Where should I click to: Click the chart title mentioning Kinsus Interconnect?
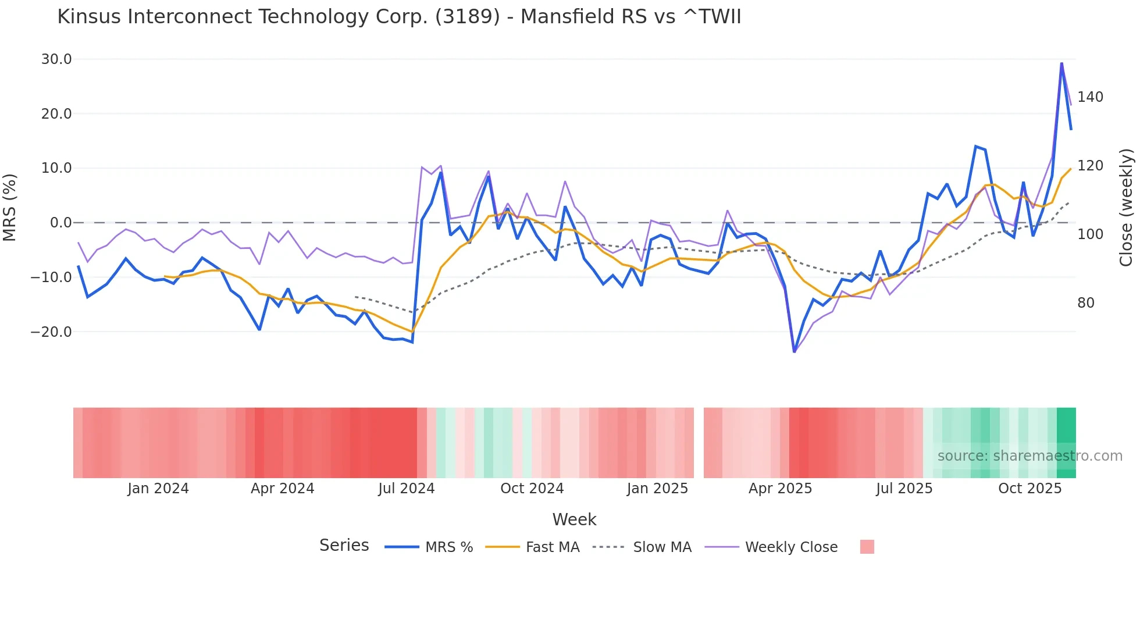(x=399, y=17)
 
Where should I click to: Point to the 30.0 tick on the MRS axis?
(x=56, y=59)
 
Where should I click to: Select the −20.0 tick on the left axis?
(x=52, y=332)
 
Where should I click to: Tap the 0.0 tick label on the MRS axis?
(x=60, y=223)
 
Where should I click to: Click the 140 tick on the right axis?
(x=1090, y=97)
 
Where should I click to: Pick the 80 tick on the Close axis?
(x=1085, y=303)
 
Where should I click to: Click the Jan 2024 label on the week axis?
(x=158, y=489)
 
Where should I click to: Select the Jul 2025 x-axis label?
(x=904, y=489)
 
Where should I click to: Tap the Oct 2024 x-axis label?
(x=532, y=489)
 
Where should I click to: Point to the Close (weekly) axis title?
(x=1126, y=208)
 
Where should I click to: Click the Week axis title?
(x=574, y=519)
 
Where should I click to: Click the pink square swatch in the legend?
(x=867, y=547)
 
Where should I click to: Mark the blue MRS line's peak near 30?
(x=1061, y=63)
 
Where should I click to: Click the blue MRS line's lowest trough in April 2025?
(x=795, y=351)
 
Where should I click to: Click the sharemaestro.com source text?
(x=1029, y=456)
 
